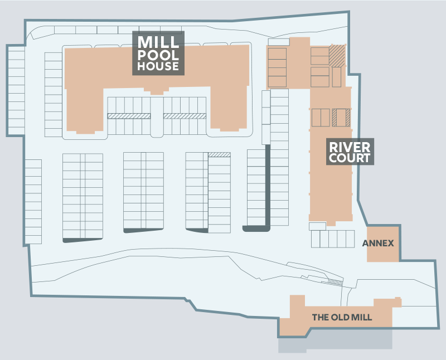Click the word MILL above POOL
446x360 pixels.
point(158,42)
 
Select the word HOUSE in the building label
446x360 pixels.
point(158,66)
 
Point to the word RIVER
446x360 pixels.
point(350,147)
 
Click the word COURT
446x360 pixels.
point(350,158)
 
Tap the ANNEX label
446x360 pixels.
point(378,244)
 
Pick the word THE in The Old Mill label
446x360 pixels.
point(320,318)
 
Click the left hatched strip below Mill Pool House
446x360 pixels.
point(129,116)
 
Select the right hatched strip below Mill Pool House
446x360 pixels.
point(185,116)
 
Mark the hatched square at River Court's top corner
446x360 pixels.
point(337,55)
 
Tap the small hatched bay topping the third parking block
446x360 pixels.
point(219,154)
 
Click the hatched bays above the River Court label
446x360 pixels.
point(340,118)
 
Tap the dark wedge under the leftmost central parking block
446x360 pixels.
point(83,240)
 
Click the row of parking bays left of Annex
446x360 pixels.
point(333,239)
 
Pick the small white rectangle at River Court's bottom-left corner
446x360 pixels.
point(317,226)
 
